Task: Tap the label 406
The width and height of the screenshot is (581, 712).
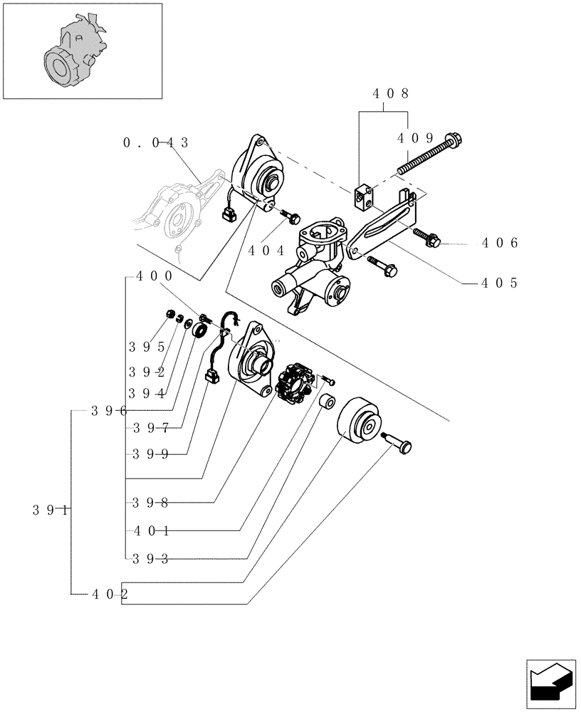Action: (x=498, y=244)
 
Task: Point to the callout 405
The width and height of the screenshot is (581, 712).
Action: (x=498, y=283)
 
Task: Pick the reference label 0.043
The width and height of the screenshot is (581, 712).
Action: (x=156, y=143)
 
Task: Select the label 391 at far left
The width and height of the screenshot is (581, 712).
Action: (x=51, y=510)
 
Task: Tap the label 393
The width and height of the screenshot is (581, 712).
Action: (x=150, y=558)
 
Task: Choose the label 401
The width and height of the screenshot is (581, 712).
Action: (x=150, y=530)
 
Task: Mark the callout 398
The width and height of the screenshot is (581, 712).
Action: (x=150, y=503)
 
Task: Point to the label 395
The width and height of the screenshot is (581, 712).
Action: (x=147, y=347)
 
